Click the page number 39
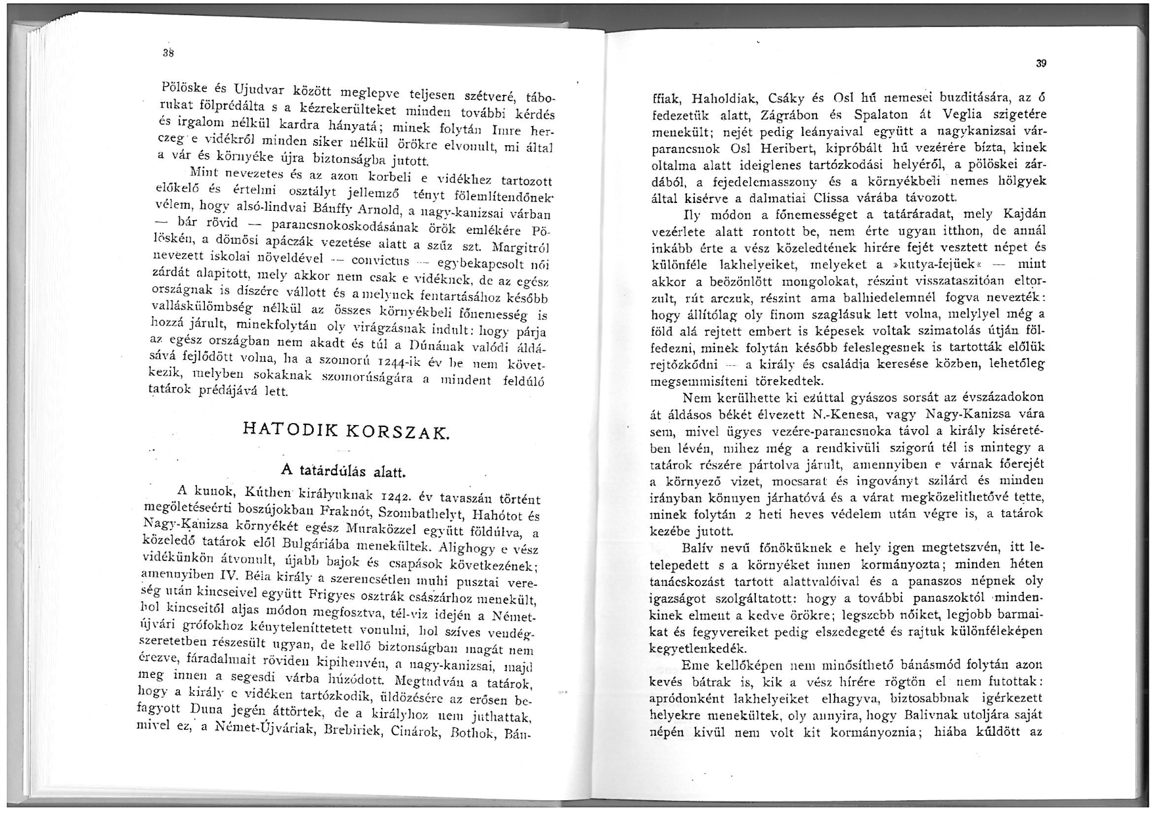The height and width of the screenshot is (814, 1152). pos(1040,64)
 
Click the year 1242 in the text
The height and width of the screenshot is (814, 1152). pos(399,496)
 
